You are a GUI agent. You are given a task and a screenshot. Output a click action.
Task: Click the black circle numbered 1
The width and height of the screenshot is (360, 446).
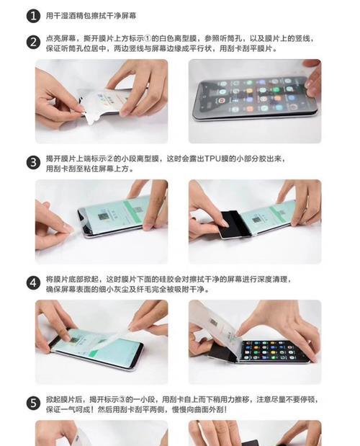point(33,14)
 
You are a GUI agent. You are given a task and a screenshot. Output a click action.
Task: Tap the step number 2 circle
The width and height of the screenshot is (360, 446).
point(33,41)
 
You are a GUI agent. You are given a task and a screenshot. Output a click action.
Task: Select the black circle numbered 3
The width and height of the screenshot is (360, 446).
point(33,162)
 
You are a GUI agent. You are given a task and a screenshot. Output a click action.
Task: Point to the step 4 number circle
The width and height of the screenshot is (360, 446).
point(33,282)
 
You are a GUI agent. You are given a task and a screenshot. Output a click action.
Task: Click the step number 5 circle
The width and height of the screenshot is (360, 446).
point(33,403)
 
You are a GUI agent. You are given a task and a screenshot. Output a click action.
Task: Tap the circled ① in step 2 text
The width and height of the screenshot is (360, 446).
point(150,36)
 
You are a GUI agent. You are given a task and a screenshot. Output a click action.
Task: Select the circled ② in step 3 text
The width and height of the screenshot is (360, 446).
point(112,157)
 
